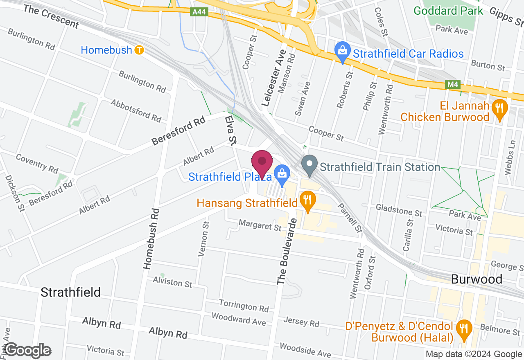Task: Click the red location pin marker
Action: point(262,163)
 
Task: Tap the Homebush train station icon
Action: point(140,50)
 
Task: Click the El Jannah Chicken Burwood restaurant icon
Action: point(499,108)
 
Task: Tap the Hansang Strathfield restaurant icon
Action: point(307,200)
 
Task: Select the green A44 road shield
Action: point(200,13)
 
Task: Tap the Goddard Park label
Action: point(449,10)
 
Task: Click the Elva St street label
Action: point(230,130)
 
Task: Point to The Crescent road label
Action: point(51,17)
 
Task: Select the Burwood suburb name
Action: point(477,279)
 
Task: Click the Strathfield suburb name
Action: point(70,292)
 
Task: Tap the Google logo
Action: point(27,351)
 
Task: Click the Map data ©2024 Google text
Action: point(473,354)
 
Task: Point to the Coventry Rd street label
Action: point(37,163)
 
